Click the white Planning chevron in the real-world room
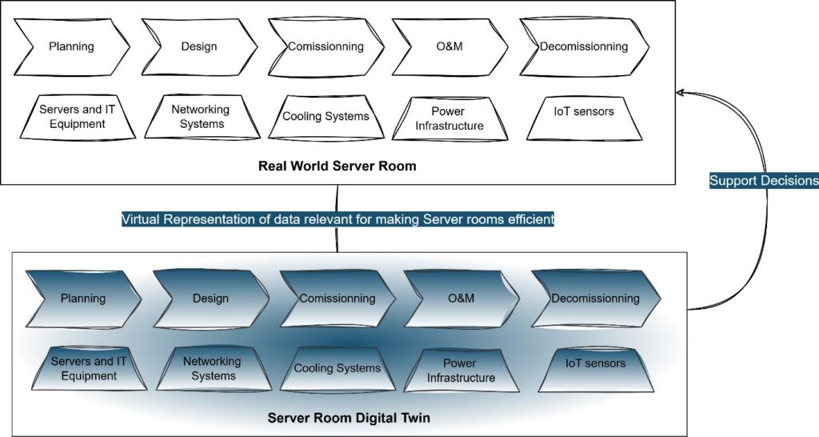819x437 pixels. click(71, 46)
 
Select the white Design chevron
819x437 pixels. click(198, 46)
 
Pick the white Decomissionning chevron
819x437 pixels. click(583, 46)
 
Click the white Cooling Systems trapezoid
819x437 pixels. click(326, 117)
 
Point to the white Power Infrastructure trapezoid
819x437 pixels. click(449, 118)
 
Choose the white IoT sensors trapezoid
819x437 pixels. click(584, 112)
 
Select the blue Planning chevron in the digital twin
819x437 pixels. click(82, 299)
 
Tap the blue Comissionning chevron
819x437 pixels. click(337, 299)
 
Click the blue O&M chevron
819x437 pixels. click(461, 299)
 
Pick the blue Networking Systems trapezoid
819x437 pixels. click(212, 369)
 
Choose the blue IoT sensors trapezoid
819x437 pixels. click(595, 364)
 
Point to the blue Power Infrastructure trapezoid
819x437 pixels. click(461, 371)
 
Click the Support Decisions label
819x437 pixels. click(763, 181)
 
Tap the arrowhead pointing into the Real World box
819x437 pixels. click(681, 93)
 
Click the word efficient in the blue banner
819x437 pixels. click(529, 219)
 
